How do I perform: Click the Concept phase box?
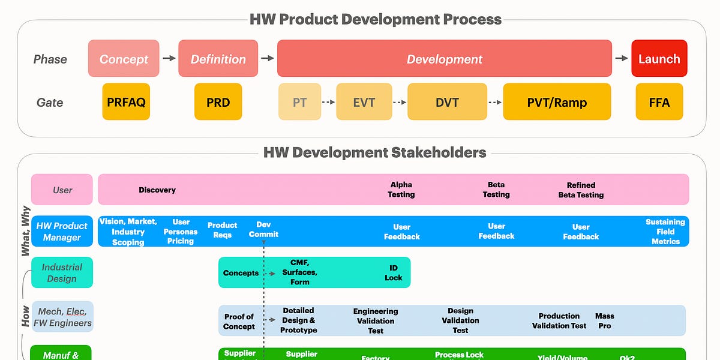point(124,59)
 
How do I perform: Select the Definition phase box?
point(218,59)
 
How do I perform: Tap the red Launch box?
point(659,59)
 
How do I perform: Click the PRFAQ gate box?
point(126,102)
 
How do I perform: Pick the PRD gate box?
point(218,102)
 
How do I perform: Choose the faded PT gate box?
point(299,102)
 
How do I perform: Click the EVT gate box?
point(364,102)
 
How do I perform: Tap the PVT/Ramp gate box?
point(557,102)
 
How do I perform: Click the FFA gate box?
point(659,102)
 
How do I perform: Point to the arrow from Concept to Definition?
point(169,58)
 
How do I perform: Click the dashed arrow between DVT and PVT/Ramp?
point(494,102)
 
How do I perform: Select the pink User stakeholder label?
point(62,190)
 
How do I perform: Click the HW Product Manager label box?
point(62,232)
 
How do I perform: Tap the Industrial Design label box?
point(62,272)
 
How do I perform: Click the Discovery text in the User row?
point(157,190)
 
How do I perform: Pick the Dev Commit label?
point(263,229)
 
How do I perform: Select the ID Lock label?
point(394,272)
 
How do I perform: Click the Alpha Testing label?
point(401,190)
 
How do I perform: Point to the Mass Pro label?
point(605,320)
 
